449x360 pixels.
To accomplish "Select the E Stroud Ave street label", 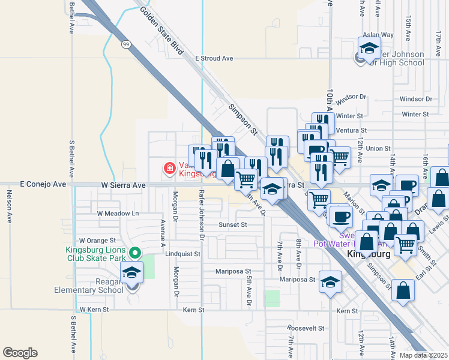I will tap(214, 59).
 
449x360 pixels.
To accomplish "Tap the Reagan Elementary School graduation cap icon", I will tap(132, 273).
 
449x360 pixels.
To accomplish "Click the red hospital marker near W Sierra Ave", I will tap(170, 169).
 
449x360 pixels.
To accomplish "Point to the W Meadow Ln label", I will tap(118, 214).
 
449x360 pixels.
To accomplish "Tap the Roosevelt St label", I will tap(306, 329).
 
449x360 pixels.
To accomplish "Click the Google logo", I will tap(20, 353).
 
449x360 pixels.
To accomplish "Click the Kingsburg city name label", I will tap(370, 254).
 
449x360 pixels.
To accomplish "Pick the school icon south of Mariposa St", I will tap(330, 284).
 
